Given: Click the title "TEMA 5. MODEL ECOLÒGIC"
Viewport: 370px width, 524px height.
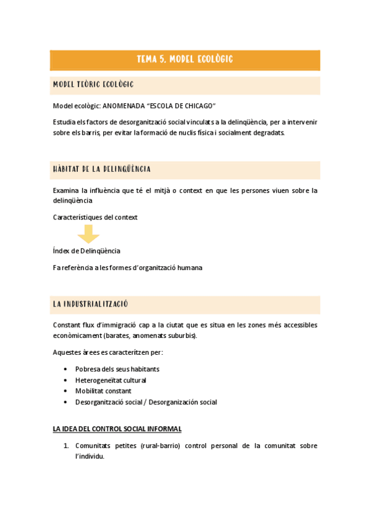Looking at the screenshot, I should point(185,59).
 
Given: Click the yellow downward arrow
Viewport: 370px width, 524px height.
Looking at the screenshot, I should point(88,234).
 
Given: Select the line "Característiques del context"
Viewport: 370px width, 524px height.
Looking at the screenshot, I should point(95,217).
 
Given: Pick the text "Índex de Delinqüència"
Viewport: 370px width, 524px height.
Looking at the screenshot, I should point(86,251).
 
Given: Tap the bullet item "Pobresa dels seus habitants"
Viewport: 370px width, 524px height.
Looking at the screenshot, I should point(117,369).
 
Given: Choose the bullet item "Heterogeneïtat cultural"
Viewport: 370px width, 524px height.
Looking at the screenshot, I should point(111,380).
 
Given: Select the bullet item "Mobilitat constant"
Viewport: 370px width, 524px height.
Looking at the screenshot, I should point(103,391).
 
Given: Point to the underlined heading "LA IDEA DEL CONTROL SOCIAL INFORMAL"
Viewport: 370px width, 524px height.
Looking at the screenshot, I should point(117,429).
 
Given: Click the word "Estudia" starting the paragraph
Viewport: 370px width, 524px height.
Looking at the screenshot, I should point(64,122).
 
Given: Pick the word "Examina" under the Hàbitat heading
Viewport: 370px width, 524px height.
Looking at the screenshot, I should point(67,190).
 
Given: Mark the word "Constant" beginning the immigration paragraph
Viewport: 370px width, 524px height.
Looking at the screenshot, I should point(67,325).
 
